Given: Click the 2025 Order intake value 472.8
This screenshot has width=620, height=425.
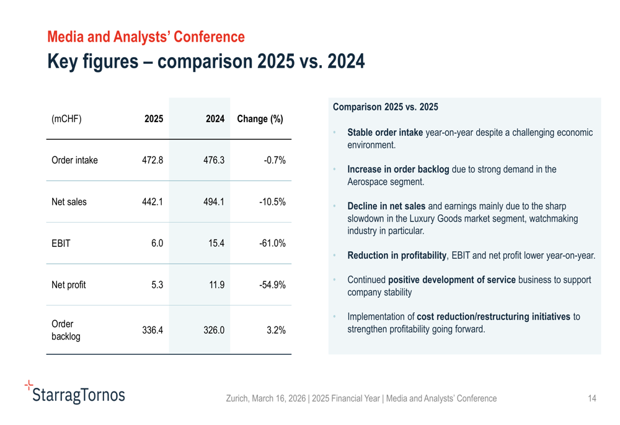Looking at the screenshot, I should pyautogui.click(x=152, y=160).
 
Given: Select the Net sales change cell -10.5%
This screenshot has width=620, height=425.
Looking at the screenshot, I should pyautogui.click(x=272, y=202).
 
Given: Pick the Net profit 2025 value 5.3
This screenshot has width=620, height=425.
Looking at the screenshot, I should pyautogui.click(x=156, y=285).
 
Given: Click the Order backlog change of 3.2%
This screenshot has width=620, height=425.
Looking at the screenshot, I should pyautogui.click(x=276, y=330).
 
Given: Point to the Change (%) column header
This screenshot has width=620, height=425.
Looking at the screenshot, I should pyautogui.click(x=260, y=119).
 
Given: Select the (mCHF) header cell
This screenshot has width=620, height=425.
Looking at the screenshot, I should pyautogui.click(x=66, y=119).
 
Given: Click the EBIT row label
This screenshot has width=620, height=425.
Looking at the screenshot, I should pyautogui.click(x=61, y=243).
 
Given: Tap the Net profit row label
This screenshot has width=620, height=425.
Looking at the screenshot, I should pyautogui.click(x=68, y=285).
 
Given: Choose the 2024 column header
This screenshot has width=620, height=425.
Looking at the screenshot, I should pyautogui.click(x=215, y=119).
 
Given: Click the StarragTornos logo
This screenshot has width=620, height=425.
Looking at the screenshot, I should pyautogui.click(x=75, y=393).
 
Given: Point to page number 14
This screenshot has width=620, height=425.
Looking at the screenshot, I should pyautogui.click(x=591, y=398).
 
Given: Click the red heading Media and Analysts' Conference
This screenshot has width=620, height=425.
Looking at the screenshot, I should pyautogui.click(x=146, y=37).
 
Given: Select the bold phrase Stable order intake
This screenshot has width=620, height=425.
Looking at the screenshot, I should pyautogui.click(x=385, y=132).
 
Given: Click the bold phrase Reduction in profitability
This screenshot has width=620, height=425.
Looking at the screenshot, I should pyautogui.click(x=397, y=255).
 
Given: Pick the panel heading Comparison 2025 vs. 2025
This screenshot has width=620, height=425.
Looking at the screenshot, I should pyautogui.click(x=385, y=107).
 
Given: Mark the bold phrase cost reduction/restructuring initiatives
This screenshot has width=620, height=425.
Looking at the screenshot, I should pyautogui.click(x=494, y=316).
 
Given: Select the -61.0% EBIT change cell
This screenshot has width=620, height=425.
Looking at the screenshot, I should pyautogui.click(x=272, y=243).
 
